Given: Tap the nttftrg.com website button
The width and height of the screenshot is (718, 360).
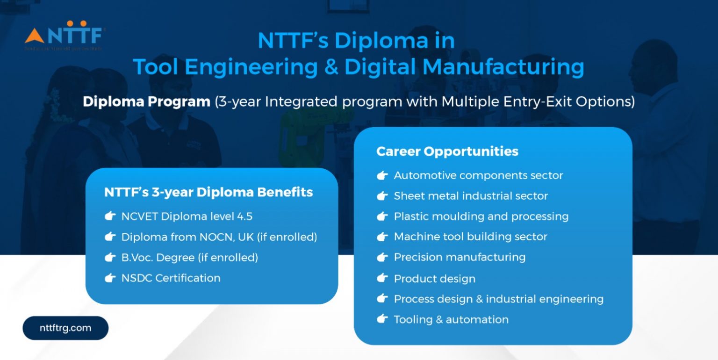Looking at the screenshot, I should click(65, 328).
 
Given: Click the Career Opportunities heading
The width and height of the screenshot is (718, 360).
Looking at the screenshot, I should click(447, 151).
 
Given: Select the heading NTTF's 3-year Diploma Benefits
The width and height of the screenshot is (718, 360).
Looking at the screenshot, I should click(208, 192).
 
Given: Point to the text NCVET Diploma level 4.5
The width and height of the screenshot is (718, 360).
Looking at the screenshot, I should click(187, 216).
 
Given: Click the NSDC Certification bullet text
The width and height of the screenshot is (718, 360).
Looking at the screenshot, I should click(171, 278).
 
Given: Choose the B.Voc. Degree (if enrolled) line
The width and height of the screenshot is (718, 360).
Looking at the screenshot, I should click(190, 257).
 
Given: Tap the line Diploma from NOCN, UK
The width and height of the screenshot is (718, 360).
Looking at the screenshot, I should click(219, 237).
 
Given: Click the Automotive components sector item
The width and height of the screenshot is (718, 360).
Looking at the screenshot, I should click(478, 175).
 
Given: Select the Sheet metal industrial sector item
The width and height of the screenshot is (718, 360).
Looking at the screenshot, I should click(471, 196).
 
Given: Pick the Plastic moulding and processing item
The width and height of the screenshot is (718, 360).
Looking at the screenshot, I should click(481, 216).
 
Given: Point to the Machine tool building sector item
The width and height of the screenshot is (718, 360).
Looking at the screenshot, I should click(470, 237).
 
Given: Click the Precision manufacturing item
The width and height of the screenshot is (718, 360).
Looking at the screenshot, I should click(460, 257).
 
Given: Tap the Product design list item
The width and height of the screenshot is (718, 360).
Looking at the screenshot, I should click(434, 279).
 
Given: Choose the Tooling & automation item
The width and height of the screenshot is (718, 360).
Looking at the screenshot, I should click(451, 319).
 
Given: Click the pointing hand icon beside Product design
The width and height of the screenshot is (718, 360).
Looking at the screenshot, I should click(382, 278).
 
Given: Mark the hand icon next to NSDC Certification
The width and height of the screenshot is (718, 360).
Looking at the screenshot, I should click(110, 278).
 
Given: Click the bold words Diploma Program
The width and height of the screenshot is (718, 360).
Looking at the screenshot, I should click(146, 102).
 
